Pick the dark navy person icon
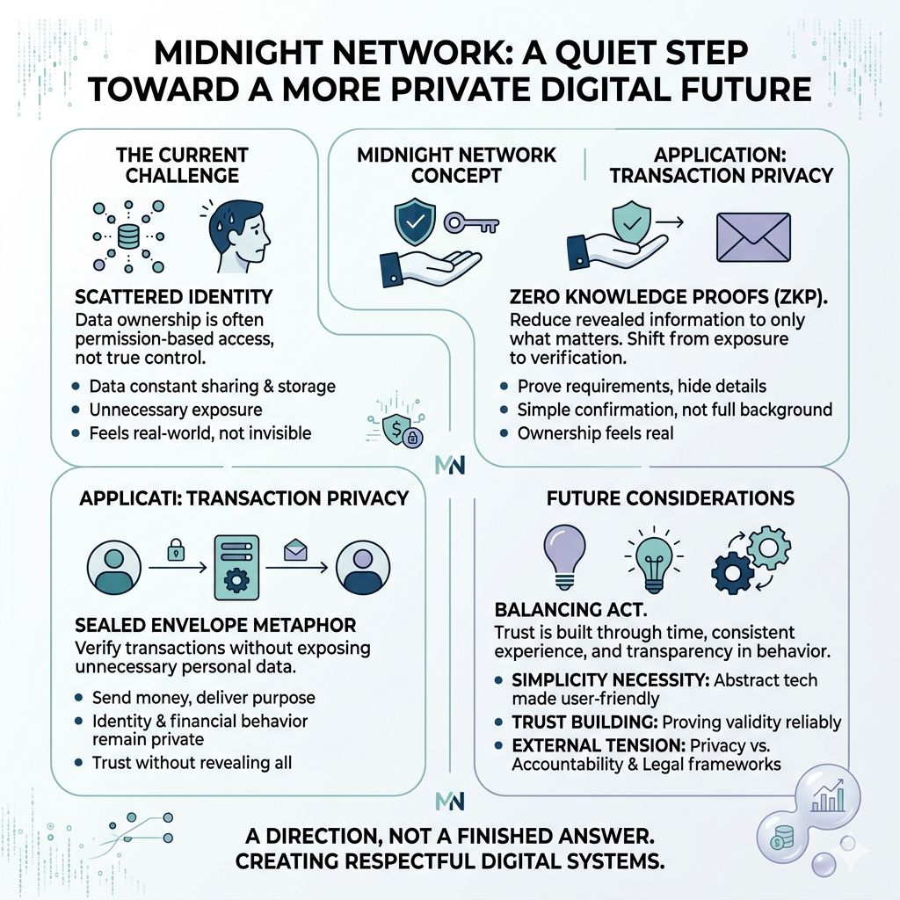tap(362, 569)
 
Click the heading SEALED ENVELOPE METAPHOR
tap(216, 626)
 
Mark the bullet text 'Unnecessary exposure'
tap(176, 410)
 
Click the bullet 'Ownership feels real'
tap(597, 432)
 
